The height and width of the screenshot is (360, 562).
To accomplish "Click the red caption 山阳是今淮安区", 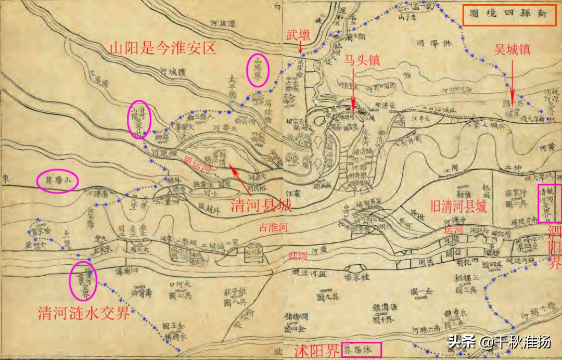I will (x=162, y=49).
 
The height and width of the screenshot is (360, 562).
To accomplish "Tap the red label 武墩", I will (x=298, y=35).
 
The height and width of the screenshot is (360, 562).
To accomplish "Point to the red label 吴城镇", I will (x=513, y=50).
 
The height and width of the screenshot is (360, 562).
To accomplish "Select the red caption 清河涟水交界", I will (x=84, y=313).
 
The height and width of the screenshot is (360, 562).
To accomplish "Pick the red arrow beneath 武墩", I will (x=301, y=48).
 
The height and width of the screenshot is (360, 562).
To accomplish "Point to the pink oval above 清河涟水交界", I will (x=83, y=280).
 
